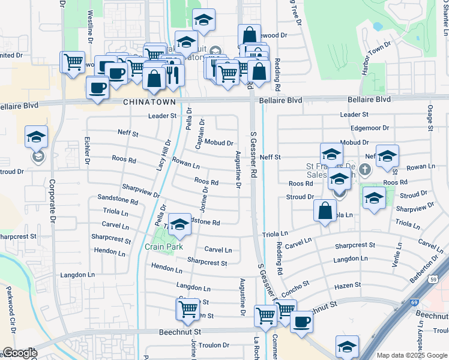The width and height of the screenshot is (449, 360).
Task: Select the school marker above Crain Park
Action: click(x=179, y=224)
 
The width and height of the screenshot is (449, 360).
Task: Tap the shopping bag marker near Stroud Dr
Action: click(x=325, y=211)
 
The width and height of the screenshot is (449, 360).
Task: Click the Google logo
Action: click(x=20, y=353)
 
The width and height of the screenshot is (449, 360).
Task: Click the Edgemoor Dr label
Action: click(x=370, y=128)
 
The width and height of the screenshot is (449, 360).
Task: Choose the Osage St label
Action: click(x=430, y=118)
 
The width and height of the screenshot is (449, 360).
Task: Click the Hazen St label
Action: click(x=348, y=285)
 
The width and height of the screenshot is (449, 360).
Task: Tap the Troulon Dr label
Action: click(x=214, y=345)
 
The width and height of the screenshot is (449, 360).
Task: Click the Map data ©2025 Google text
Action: click(x=411, y=355)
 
